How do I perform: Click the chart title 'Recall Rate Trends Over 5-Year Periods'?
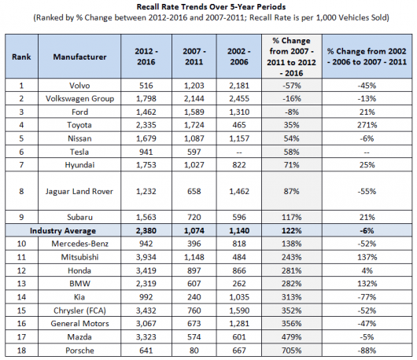(211, 7)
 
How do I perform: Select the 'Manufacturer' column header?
(79, 57)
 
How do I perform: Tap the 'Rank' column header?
(21, 57)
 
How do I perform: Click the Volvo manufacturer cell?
(79, 86)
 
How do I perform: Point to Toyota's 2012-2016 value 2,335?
(146, 125)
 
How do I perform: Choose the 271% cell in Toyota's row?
(367, 125)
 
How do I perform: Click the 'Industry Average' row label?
(63, 230)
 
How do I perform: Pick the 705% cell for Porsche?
(291, 351)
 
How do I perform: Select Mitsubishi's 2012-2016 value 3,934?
(146, 257)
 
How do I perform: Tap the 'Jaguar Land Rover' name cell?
(79, 191)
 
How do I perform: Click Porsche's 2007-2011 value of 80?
(194, 351)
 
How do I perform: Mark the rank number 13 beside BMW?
(21, 284)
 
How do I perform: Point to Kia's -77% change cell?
(367, 297)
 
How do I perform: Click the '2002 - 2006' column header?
(239, 57)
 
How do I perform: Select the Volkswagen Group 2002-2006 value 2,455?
(239, 98)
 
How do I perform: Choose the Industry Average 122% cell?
(291, 230)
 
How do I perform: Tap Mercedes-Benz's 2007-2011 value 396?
(194, 244)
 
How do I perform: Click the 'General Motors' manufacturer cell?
(79, 324)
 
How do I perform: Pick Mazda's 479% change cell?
(291, 337)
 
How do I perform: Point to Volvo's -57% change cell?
(291, 86)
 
